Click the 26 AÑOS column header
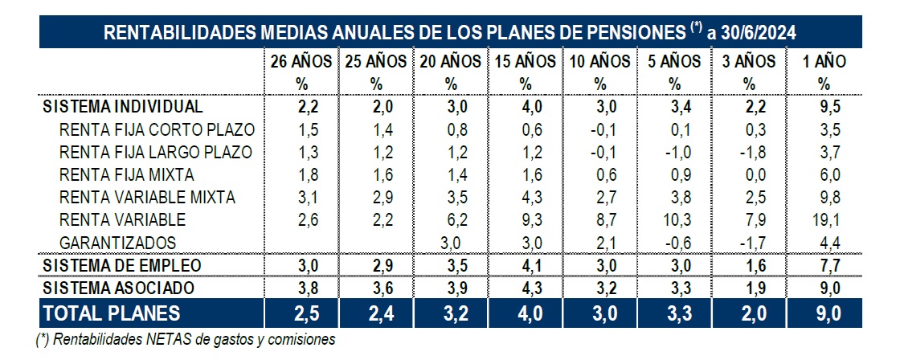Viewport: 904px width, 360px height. tap(301, 61)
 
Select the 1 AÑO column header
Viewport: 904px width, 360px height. tap(824, 61)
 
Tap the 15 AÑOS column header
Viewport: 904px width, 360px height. tap(526, 61)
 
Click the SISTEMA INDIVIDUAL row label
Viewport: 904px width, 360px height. tap(122, 106)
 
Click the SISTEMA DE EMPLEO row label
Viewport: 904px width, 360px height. tap(121, 265)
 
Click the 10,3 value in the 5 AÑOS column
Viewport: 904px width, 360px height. tap(675, 219)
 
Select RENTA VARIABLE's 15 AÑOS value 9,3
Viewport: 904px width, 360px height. tap(526, 219)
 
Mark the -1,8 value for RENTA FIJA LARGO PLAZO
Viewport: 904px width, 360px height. tap(749, 152)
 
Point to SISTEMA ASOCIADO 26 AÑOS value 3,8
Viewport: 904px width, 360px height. tap(301, 288)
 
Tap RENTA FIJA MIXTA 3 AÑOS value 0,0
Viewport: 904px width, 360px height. tap(749, 174)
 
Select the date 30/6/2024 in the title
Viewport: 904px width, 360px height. tap(760, 33)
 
